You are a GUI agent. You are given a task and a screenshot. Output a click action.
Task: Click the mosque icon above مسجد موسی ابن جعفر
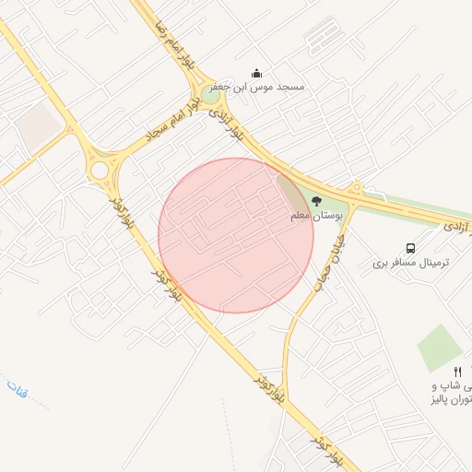(x=256, y=74)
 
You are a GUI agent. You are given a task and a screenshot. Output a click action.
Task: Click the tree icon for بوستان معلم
(x=317, y=201)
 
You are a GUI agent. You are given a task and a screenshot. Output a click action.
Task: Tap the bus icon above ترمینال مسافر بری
(x=410, y=248)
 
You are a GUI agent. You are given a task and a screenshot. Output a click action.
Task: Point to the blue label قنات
(x=18, y=390)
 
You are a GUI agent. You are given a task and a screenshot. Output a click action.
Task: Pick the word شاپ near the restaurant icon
(x=444, y=385)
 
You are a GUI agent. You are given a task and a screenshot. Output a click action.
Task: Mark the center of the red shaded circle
(x=236, y=235)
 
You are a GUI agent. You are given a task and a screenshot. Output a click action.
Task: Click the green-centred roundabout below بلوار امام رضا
(x=212, y=94)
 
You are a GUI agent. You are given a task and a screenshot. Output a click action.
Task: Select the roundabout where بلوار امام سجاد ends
(x=99, y=171)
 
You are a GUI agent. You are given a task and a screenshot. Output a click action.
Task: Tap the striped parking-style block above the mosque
(x=321, y=35)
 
